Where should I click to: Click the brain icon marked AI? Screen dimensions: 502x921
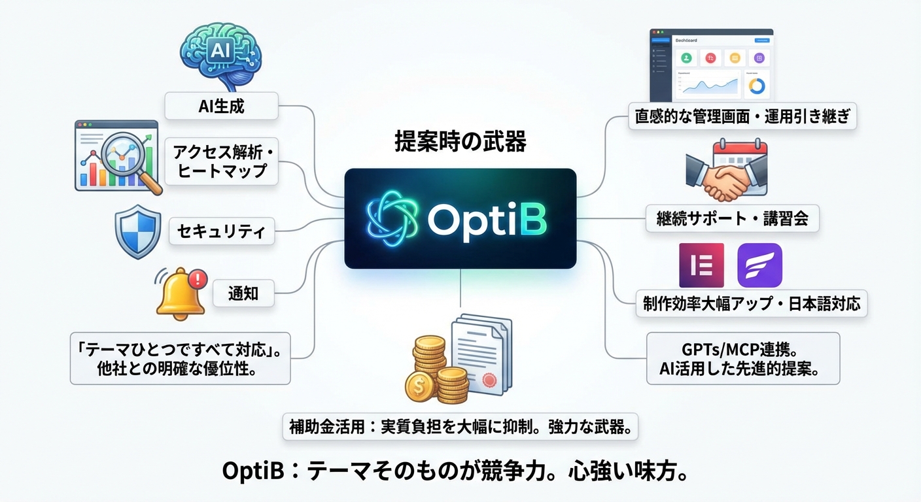[x=220, y=56]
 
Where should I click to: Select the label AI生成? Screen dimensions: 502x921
[x=221, y=106]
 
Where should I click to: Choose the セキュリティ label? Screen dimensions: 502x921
[x=221, y=231]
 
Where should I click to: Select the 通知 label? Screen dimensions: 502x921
[x=243, y=293]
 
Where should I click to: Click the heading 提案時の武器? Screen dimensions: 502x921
[x=460, y=142]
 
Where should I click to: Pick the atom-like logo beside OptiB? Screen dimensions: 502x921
[x=391, y=219]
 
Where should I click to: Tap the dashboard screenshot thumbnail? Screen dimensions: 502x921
[x=711, y=63]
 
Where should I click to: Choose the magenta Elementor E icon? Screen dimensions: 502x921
[x=701, y=265]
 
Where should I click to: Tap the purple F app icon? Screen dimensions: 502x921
[x=759, y=265]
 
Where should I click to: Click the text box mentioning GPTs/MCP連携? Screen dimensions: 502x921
[x=742, y=358]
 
